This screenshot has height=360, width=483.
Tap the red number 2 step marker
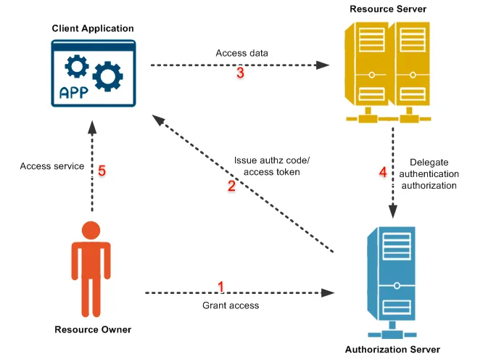click(231, 187)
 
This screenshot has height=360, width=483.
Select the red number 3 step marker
click(240, 73)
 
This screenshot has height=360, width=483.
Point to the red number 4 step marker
click(383, 173)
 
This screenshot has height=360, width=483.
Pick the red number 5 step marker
click(102, 171)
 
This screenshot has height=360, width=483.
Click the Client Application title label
click(93, 28)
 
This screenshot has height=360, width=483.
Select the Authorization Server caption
click(392, 349)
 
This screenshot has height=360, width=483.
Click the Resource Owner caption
click(93, 330)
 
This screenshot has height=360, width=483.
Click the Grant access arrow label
click(231, 306)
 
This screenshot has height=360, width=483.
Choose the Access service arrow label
click(52, 166)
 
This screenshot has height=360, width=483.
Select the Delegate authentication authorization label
click(434, 174)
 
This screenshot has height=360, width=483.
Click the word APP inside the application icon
click(74, 92)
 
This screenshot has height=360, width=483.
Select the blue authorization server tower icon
click(392, 280)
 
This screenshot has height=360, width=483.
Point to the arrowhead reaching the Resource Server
click(325, 65)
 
